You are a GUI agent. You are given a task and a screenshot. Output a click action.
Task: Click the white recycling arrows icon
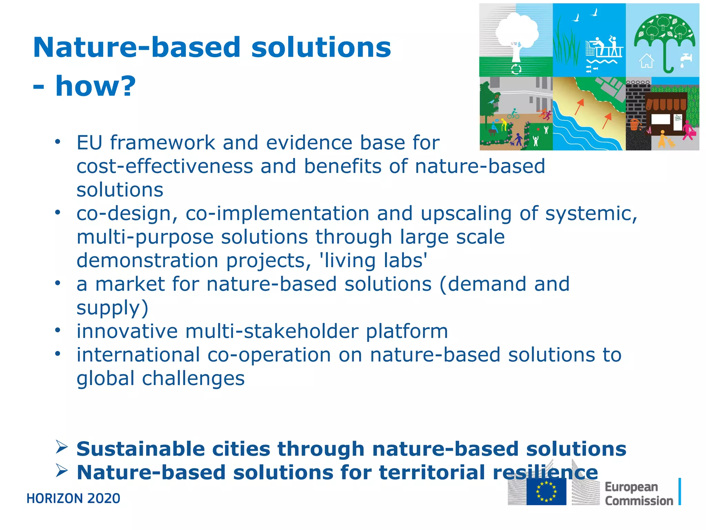tap(516, 69)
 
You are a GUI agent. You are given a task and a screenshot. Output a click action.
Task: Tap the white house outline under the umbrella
tap(646, 61)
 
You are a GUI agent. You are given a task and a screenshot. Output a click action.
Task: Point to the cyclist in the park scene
tap(513, 114)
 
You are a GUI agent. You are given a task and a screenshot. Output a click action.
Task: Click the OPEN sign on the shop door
tap(678, 118)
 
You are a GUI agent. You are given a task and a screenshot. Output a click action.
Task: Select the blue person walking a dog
tap(518, 139)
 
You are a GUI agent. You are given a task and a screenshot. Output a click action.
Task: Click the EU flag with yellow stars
tap(546, 491)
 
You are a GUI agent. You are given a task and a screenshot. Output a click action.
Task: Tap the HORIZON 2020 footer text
tap(73, 499)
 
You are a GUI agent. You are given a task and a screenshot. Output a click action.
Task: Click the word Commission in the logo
tap(639, 501)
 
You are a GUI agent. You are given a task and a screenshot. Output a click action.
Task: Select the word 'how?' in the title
tap(95, 86)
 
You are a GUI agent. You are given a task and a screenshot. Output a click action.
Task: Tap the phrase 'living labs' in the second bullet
tap(373, 260)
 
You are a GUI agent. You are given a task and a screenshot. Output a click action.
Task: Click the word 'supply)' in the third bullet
tap(112, 307)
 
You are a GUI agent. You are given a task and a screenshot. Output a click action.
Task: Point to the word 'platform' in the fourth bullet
tap(406, 331)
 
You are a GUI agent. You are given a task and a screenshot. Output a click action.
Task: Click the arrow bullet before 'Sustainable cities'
tap(61, 447)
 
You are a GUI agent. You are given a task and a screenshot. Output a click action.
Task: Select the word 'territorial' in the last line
tap(432, 472)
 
